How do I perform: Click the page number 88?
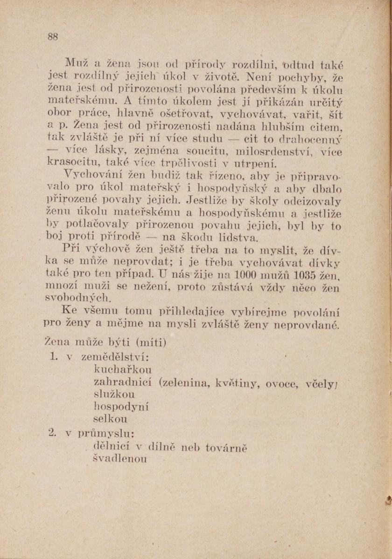(52, 37)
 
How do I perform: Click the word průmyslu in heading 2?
(106, 433)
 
